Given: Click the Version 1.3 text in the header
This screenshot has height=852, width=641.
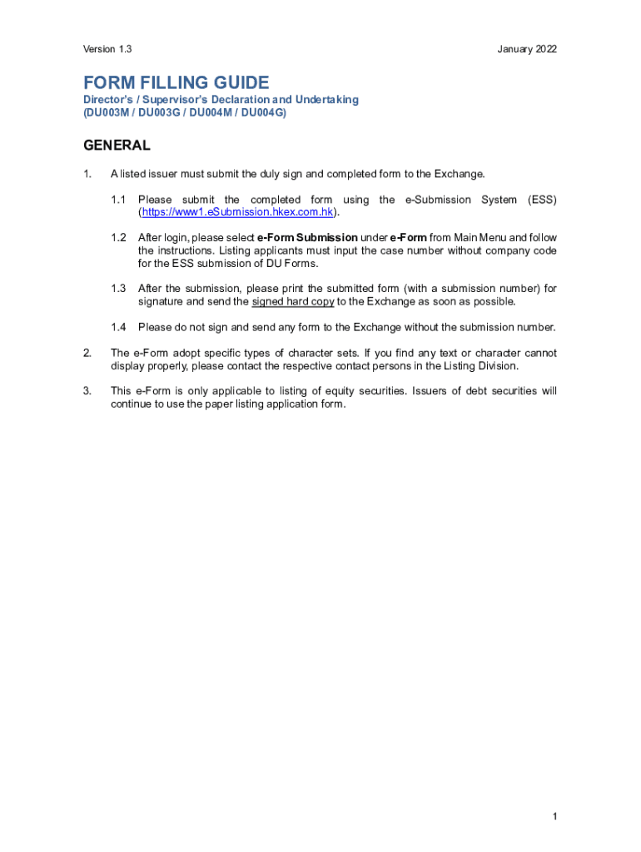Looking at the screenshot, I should click(x=107, y=50).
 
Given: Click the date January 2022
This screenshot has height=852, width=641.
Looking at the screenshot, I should click(x=527, y=50).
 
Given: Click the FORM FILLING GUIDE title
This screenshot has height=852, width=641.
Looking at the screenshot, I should click(x=176, y=82).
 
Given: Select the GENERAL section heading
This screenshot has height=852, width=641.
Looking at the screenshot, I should click(x=117, y=146).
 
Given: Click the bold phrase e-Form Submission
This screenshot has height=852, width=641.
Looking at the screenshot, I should click(x=307, y=238).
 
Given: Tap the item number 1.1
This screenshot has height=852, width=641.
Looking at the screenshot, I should click(x=118, y=200).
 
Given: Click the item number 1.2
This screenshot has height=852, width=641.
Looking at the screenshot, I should click(x=118, y=238).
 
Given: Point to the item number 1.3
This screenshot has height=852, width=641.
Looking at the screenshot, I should click(x=118, y=289).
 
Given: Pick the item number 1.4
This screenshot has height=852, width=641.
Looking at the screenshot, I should click(x=118, y=327).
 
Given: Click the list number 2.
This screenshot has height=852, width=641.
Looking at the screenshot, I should click(x=87, y=353).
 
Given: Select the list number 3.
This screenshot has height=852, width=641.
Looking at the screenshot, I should click(x=87, y=391).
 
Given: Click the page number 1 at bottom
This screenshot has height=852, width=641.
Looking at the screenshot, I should click(x=554, y=817).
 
